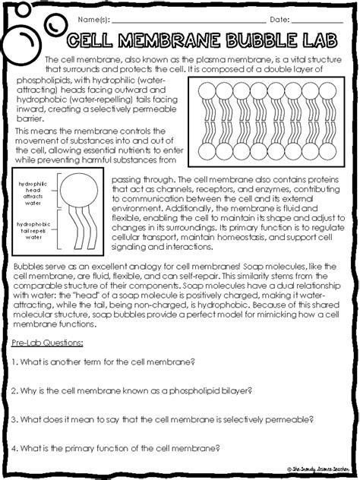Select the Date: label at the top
pos(281,18)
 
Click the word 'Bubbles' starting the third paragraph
pos(30,267)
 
